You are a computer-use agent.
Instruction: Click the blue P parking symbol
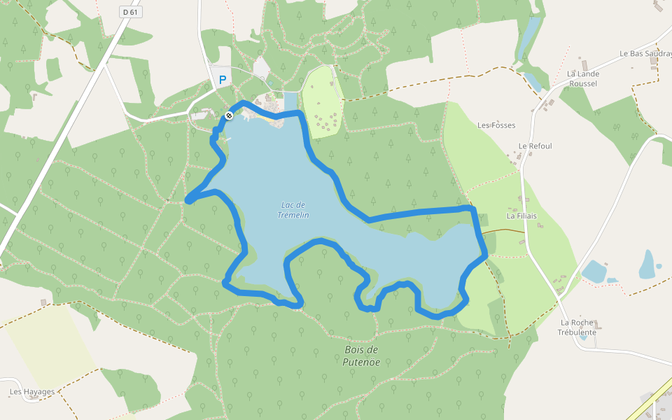[x=223, y=80]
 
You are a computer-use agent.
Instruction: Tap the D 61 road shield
[x=129, y=12]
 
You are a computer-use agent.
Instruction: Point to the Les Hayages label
[x=32, y=392]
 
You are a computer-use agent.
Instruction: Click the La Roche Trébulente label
[x=577, y=328]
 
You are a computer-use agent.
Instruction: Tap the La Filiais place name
[x=521, y=216]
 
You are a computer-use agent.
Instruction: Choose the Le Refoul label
[x=535, y=146]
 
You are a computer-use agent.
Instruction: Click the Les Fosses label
[x=496, y=125]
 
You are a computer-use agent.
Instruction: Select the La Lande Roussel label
[x=582, y=78]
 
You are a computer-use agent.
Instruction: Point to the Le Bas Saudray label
[x=645, y=53]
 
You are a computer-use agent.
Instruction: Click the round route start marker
[x=229, y=115]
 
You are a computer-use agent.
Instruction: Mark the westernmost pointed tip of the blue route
[x=187, y=202]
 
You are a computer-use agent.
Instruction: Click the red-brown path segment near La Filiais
[x=504, y=231]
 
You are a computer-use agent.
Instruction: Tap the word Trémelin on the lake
[x=295, y=215]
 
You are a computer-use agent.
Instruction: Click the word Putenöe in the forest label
[x=361, y=362]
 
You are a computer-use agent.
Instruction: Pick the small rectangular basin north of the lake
[x=290, y=101]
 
